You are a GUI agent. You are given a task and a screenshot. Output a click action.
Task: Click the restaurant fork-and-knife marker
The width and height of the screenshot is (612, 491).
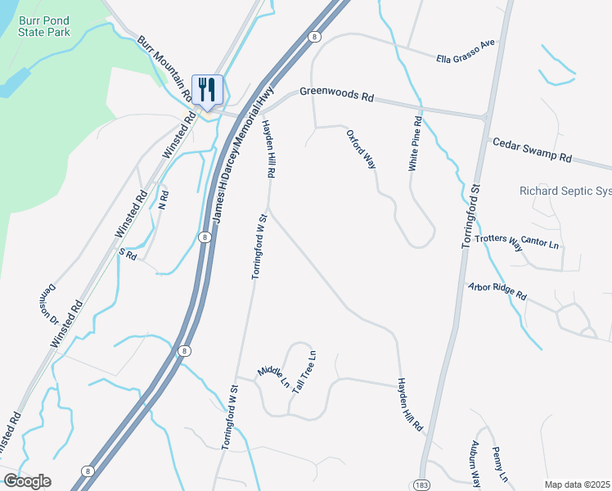(207, 88)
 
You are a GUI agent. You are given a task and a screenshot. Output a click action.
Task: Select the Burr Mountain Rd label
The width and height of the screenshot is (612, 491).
(164, 69)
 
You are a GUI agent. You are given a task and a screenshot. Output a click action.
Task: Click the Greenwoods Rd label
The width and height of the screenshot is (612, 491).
(336, 94)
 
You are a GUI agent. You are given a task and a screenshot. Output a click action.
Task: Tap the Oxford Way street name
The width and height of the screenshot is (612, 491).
(361, 148)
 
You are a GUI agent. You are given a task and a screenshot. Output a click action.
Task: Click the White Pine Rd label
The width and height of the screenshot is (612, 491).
(416, 144)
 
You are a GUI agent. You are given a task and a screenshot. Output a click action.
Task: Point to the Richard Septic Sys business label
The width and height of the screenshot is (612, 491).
(565, 191)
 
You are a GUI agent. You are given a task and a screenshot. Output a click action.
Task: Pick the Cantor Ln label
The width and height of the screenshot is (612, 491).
(539, 243)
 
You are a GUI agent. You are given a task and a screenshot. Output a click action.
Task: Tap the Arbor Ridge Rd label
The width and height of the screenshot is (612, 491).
(497, 291)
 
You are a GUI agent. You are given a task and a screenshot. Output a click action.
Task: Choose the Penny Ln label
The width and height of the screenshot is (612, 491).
(500, 464)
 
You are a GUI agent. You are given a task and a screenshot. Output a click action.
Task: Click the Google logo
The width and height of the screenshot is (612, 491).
(27, 481)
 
